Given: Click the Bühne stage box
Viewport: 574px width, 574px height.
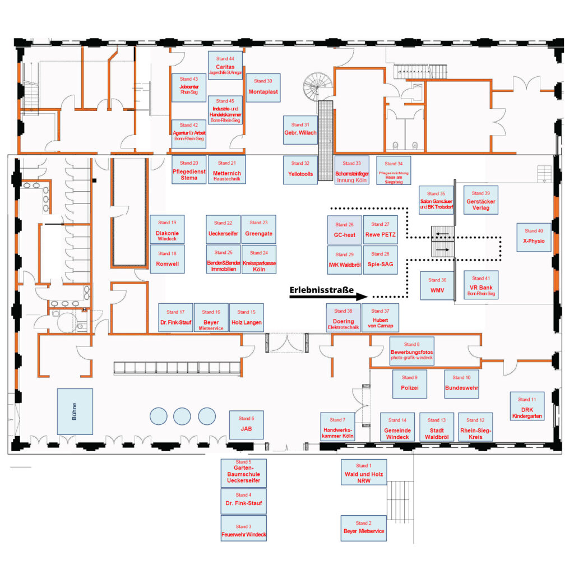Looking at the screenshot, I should point(75,411).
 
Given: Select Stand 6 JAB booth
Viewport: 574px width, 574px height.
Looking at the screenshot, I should point(246,424).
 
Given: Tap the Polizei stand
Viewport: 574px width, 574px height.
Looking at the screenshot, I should point(409,383).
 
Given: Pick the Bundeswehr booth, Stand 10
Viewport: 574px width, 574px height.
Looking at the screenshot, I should point(461,383).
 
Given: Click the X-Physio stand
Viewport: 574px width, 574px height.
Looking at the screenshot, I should point(534,237).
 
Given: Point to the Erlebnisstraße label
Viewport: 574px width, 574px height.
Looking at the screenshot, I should point(321,290).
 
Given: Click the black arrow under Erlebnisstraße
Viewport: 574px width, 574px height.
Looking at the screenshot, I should point(328,297).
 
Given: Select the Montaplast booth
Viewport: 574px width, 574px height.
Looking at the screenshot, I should point(263,87).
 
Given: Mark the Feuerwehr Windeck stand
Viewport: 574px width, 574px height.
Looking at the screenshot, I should point(243,528).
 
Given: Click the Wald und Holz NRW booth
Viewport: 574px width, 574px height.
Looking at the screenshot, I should point(363,474).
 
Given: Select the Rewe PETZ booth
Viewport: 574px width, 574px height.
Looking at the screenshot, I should point(381,230).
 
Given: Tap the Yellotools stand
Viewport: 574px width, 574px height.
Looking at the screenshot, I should point(299,170).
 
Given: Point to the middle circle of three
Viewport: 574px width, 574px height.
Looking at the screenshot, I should point(183,415).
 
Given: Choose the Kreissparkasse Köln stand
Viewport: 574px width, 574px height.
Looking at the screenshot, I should point(259,259).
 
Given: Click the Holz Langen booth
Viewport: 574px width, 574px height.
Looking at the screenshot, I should point(246,317).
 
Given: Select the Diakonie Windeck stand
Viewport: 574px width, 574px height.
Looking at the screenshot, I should point(167,229).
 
